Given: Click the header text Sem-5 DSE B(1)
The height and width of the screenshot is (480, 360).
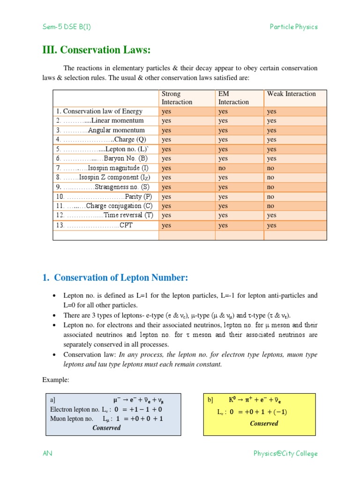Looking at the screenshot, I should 67,27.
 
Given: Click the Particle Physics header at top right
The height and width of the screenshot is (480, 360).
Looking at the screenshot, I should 293,27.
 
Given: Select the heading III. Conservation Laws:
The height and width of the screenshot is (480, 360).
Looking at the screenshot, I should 97,50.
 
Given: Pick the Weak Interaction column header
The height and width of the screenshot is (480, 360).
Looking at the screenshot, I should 291,94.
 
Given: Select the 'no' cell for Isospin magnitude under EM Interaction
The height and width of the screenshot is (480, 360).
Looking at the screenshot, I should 222,168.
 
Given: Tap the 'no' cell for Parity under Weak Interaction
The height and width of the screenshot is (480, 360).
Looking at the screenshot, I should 271,196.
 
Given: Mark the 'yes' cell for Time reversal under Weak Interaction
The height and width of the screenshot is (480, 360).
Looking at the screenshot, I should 271,215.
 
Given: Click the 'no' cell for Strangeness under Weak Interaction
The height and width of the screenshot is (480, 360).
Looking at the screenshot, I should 271,187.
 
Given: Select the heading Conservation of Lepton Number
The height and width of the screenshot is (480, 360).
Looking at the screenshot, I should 115,278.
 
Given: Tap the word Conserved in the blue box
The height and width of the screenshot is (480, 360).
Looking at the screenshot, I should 106,427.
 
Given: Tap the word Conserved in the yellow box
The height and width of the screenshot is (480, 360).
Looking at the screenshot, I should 264,423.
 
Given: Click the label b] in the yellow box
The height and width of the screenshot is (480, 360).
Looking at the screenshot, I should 210,400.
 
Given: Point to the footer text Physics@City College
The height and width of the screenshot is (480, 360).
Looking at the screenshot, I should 285,453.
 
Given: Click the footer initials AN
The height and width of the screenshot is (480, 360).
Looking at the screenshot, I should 47,453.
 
